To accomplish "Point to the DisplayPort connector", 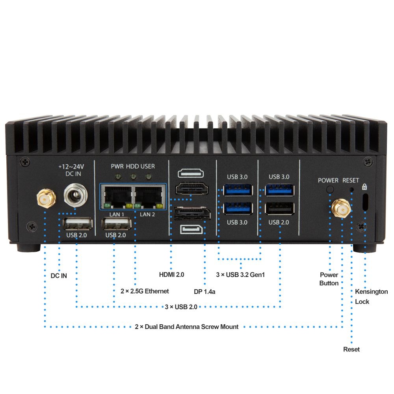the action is pyautogui.click(x=191, y=214).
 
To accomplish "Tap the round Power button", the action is pyautogui.click(x=330, y=190).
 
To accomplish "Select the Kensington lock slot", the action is pyautogui.click(x=365, y=202).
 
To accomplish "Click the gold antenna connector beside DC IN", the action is pyautogui.click(x=46, y=199).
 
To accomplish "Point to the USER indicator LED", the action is pyautogui.click(x=149, y=176).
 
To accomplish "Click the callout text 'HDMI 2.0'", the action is pyautogui.click(x=171, y=274).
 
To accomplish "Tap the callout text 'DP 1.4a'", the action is pyautogui.click(x=204, y=292).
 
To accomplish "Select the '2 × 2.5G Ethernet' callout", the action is pyautogui.click(x=145, y=291).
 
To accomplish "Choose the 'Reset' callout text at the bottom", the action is pyautogui.click(x=351, y=349).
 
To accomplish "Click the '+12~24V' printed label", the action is pyautogui.click(x=71, y=167).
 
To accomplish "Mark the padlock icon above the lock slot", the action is pyautogui.click(x=364, y=186).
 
